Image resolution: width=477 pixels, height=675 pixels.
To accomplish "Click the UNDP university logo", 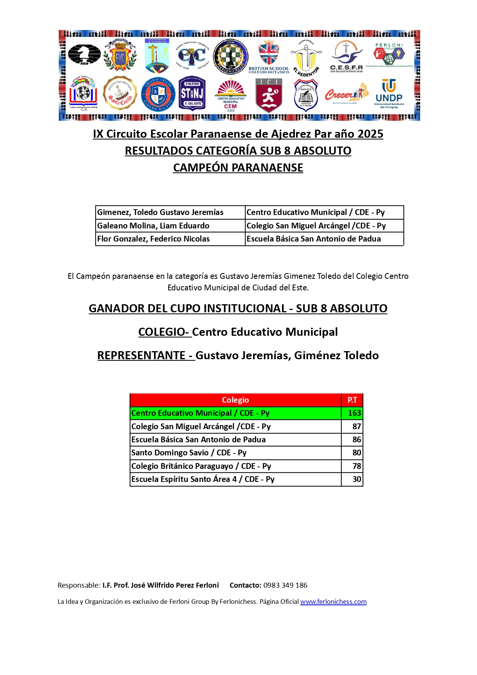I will (x=389, y=94).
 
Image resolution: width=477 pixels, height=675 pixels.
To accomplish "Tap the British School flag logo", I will (x=269, y=56).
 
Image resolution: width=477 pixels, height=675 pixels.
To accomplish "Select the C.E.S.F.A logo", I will (x=346, y=57).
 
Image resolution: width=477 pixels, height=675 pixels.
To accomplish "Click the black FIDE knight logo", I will (x=84, y=55).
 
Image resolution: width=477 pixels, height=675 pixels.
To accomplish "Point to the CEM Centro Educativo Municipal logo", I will (x=230, y=95).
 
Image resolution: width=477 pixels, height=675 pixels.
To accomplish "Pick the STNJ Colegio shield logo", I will (x=192, y=94).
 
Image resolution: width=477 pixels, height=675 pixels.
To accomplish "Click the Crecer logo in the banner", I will (x=346, y=94).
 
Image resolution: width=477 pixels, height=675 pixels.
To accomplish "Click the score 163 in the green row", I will (x=354, y=413).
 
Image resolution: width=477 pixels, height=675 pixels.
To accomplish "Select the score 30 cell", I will (x=356, y=479).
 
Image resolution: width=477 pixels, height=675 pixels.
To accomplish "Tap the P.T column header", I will (x=352, y=400).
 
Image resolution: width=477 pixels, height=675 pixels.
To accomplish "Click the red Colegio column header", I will (x=235, y=400).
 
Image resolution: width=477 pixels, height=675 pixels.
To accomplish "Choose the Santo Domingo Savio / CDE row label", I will (x=189, y=453).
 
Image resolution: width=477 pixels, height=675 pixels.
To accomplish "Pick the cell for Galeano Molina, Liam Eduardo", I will (x=153, y=226).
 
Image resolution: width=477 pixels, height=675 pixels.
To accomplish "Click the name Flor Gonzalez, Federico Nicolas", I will (x=153, y=239).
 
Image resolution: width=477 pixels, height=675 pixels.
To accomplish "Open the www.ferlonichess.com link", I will (x=333, y=602).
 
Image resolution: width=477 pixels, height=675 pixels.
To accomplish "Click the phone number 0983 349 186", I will (x=285, y=585).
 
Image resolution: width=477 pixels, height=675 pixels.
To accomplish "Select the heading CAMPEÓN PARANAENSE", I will (x=238, y=168).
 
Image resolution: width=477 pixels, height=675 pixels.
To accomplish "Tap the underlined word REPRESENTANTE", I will (x=141, y=355).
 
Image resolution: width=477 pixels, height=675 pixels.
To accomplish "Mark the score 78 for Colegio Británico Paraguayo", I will (x=356, y=466).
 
